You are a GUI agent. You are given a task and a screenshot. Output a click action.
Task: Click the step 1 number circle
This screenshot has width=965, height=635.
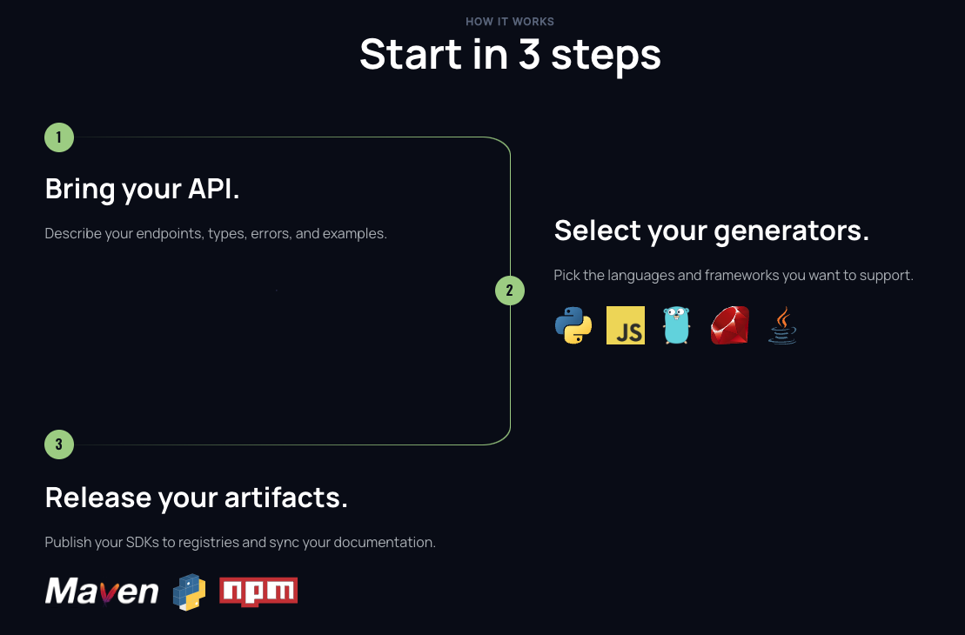(x=59, y=137)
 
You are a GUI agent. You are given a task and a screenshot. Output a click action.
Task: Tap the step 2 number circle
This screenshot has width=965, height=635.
(x=510, y=291)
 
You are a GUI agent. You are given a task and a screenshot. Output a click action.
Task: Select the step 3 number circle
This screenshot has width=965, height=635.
(x=59, y=445)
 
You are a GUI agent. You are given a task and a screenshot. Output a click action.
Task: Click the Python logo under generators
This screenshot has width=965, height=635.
(x=573, y=325)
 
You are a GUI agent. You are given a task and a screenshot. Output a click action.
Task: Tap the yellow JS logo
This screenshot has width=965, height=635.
(x=626, y=325)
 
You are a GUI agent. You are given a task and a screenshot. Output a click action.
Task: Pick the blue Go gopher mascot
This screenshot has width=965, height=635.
(x=676, y=325)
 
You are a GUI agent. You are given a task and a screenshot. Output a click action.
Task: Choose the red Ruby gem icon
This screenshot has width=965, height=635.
(x=729, y=325)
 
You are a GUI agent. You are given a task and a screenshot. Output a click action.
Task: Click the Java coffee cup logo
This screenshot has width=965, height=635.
(x=782, y=325)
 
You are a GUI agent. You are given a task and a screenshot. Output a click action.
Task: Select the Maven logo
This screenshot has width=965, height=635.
(x=102, y=592)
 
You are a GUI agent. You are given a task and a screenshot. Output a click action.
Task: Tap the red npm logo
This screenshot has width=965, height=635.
(x=258, y=592)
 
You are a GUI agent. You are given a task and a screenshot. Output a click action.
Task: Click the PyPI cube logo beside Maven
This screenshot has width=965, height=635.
(x=189, y=592)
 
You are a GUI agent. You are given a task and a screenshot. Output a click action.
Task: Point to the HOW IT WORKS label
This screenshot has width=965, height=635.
(x=510, y=22)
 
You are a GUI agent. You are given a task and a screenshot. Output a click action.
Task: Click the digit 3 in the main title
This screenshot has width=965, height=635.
(x=530, y=54)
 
